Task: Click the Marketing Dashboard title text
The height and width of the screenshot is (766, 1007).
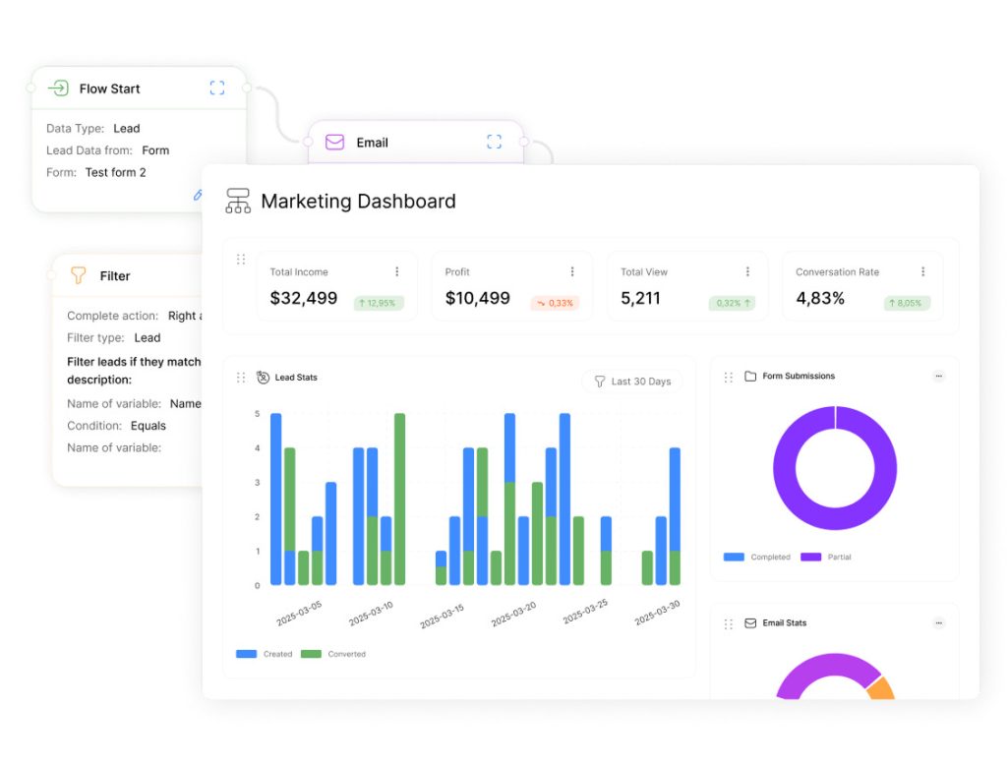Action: click(x=358, y=202)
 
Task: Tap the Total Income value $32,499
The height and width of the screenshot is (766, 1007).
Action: click(x=304, y=298)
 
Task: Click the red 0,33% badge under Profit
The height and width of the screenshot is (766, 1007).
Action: click(x=555, y=303)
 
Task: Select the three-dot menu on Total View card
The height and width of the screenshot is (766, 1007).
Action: click(x=747, y=271)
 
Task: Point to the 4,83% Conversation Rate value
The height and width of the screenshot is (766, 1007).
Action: click(x=820, y=298)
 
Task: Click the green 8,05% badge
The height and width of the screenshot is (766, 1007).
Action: click(x=907, y=303)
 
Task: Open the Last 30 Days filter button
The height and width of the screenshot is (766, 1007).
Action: click(x=631, y=382)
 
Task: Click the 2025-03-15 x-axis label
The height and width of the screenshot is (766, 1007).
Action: click(x=442, y=616)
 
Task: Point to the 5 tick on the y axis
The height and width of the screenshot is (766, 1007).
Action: click(x=257, y=414)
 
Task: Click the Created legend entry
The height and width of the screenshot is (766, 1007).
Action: click(x=265, y=654)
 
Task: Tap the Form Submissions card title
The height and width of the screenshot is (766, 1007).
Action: click(x=799, y=376)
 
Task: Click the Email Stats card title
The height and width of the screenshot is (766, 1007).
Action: click(x=784, y=622)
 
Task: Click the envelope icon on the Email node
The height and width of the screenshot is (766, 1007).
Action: click(x=334, y=143)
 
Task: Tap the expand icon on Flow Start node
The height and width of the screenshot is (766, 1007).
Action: click(x=217, y=88)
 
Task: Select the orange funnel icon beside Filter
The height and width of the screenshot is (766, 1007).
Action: click(x=79, y=276)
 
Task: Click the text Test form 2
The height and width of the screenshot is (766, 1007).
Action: click(x=115, y=172)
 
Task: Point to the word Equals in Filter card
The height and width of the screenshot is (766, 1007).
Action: click(x=148, y=426)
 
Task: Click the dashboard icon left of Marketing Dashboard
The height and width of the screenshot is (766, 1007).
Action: click(x=238, y=202)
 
